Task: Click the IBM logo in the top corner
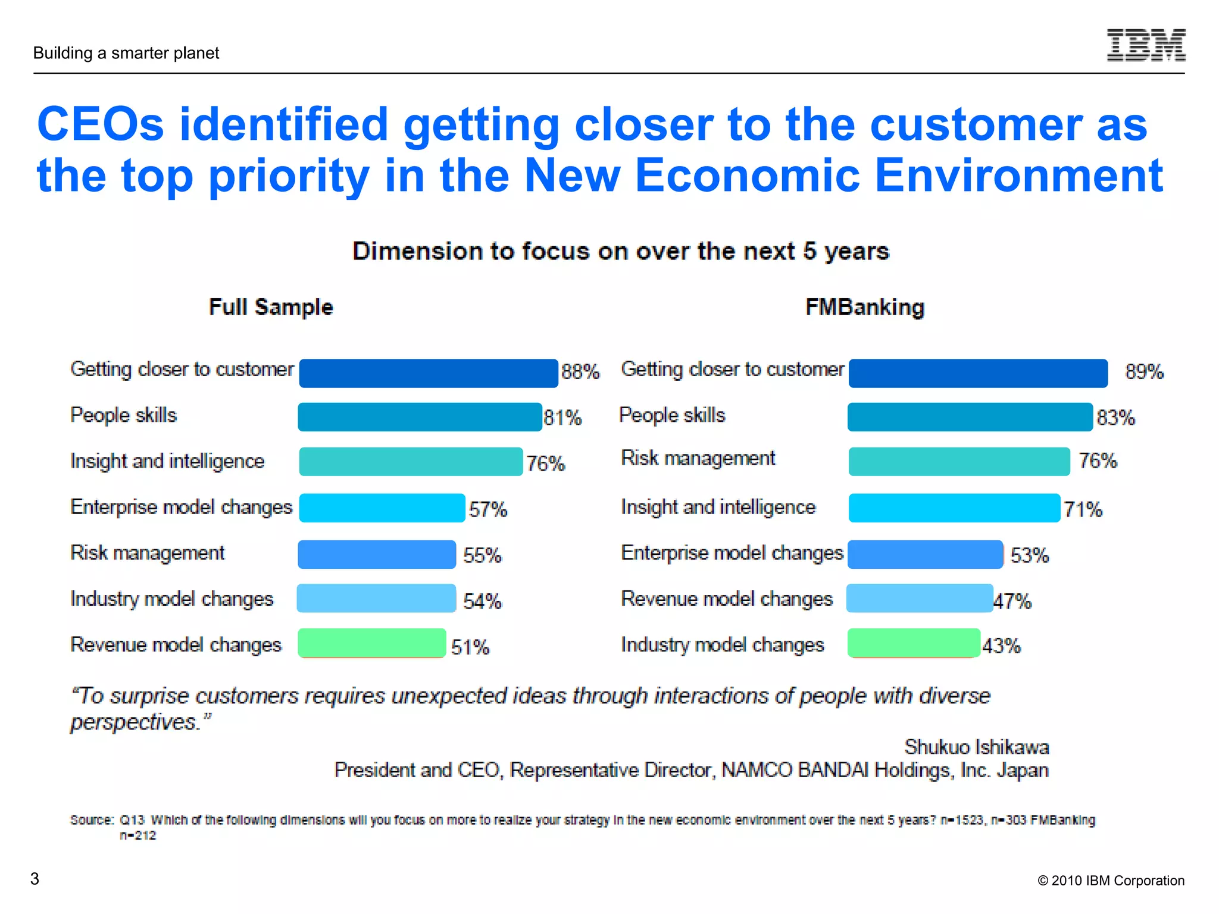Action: coord(1146,45)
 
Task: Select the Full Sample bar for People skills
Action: coord(420,417)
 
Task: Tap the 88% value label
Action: coord(580,372)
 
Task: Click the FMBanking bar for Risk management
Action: coord(958,461)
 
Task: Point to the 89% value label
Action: coord(1143,372)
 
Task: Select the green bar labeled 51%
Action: coord(372,643)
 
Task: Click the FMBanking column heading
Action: coord(864,307)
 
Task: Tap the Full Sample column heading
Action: coord(271,307)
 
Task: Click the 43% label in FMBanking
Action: coord(1001,646)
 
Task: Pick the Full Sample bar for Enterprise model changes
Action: coord(382,508)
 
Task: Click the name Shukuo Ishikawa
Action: coord(976,747)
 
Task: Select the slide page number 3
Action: coord(35,879)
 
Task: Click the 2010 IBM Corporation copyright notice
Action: coord(1111,881)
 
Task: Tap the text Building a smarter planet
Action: coord(126,53)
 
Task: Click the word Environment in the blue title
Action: coord(1018,176)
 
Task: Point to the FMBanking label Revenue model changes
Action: coord(726,599)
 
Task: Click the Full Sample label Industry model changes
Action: coord(171,599)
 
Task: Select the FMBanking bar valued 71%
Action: coord(954,508)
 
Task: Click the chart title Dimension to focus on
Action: coord(620,251)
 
